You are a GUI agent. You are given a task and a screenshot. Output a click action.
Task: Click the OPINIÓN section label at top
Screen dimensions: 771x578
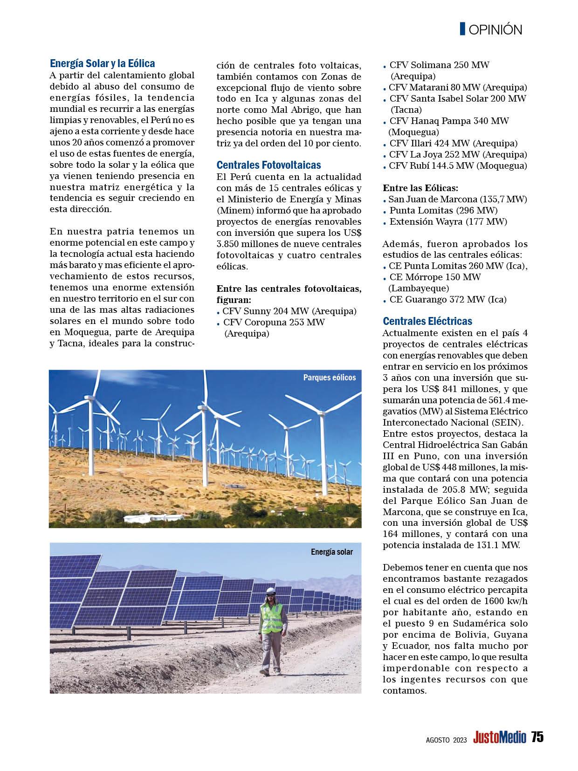495,30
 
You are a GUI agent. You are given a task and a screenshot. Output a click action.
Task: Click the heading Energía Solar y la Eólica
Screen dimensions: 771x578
102,63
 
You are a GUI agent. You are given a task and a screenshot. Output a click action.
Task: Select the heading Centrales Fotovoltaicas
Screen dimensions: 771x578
268,165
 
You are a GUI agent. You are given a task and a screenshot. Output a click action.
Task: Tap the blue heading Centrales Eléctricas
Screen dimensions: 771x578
427,321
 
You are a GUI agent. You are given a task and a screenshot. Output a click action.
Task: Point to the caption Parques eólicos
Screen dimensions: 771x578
329,378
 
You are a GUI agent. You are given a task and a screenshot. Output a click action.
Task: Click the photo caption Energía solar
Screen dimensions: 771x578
332,552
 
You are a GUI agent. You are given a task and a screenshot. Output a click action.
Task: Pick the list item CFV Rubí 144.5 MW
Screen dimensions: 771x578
458,166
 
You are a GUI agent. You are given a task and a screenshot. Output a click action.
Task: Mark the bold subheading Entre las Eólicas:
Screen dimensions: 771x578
420,188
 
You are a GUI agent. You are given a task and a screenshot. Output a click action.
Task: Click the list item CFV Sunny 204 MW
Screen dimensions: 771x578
289,311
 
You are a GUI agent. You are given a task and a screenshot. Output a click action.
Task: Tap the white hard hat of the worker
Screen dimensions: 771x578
271,591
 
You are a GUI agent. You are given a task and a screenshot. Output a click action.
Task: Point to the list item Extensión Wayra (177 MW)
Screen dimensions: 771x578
448,221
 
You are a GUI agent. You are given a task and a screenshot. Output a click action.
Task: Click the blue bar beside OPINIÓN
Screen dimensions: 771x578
462,29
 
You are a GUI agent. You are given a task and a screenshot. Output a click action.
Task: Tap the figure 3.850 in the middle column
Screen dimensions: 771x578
230,244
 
